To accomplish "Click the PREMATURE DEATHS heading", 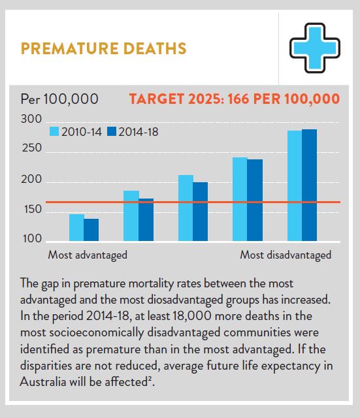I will (x=104, y=49).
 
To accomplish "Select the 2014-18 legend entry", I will (x=131, y=131).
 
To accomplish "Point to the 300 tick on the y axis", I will (x=31, y=120).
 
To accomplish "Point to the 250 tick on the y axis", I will (x=31, y=149).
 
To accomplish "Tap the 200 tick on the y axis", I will (x=31, y=180).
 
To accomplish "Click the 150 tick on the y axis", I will (x=31, y=210).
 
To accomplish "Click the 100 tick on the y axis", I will (x=31, y=239).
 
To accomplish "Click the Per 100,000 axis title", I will (x=59, y=99).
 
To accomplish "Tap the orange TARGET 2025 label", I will (x=234, y=99).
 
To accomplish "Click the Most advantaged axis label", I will (x=88, y=255).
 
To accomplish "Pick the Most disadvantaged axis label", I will (x=286, y=255).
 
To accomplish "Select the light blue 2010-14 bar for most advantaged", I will (x=76, y=228).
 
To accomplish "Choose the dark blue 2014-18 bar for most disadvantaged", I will (x=309, y=185).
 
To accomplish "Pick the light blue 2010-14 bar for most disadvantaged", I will (x=295, y=186).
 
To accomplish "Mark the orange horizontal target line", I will (x=196, y=202).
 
